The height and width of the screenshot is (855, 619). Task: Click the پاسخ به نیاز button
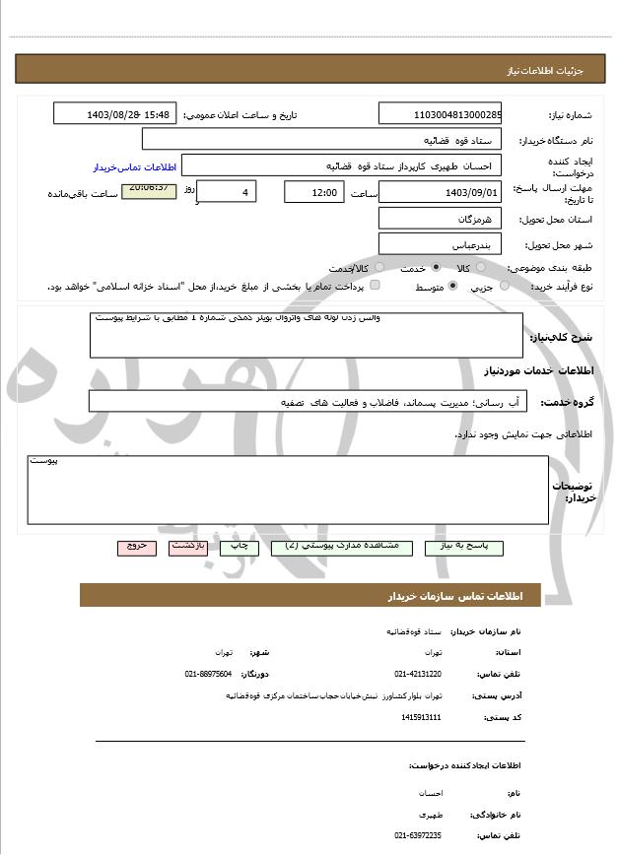tap(463, 547)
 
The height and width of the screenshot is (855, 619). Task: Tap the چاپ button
tap(239, 547)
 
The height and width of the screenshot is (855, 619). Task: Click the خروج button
tap(136, 547)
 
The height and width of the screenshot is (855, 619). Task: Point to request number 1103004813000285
tap(440, 114)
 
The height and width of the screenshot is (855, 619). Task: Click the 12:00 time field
tap(314, 193)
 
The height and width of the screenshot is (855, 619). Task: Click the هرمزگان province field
tap(440, 219)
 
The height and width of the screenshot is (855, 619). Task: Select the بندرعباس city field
tap(440, 243)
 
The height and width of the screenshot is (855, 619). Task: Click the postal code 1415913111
tap(422, 717)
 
